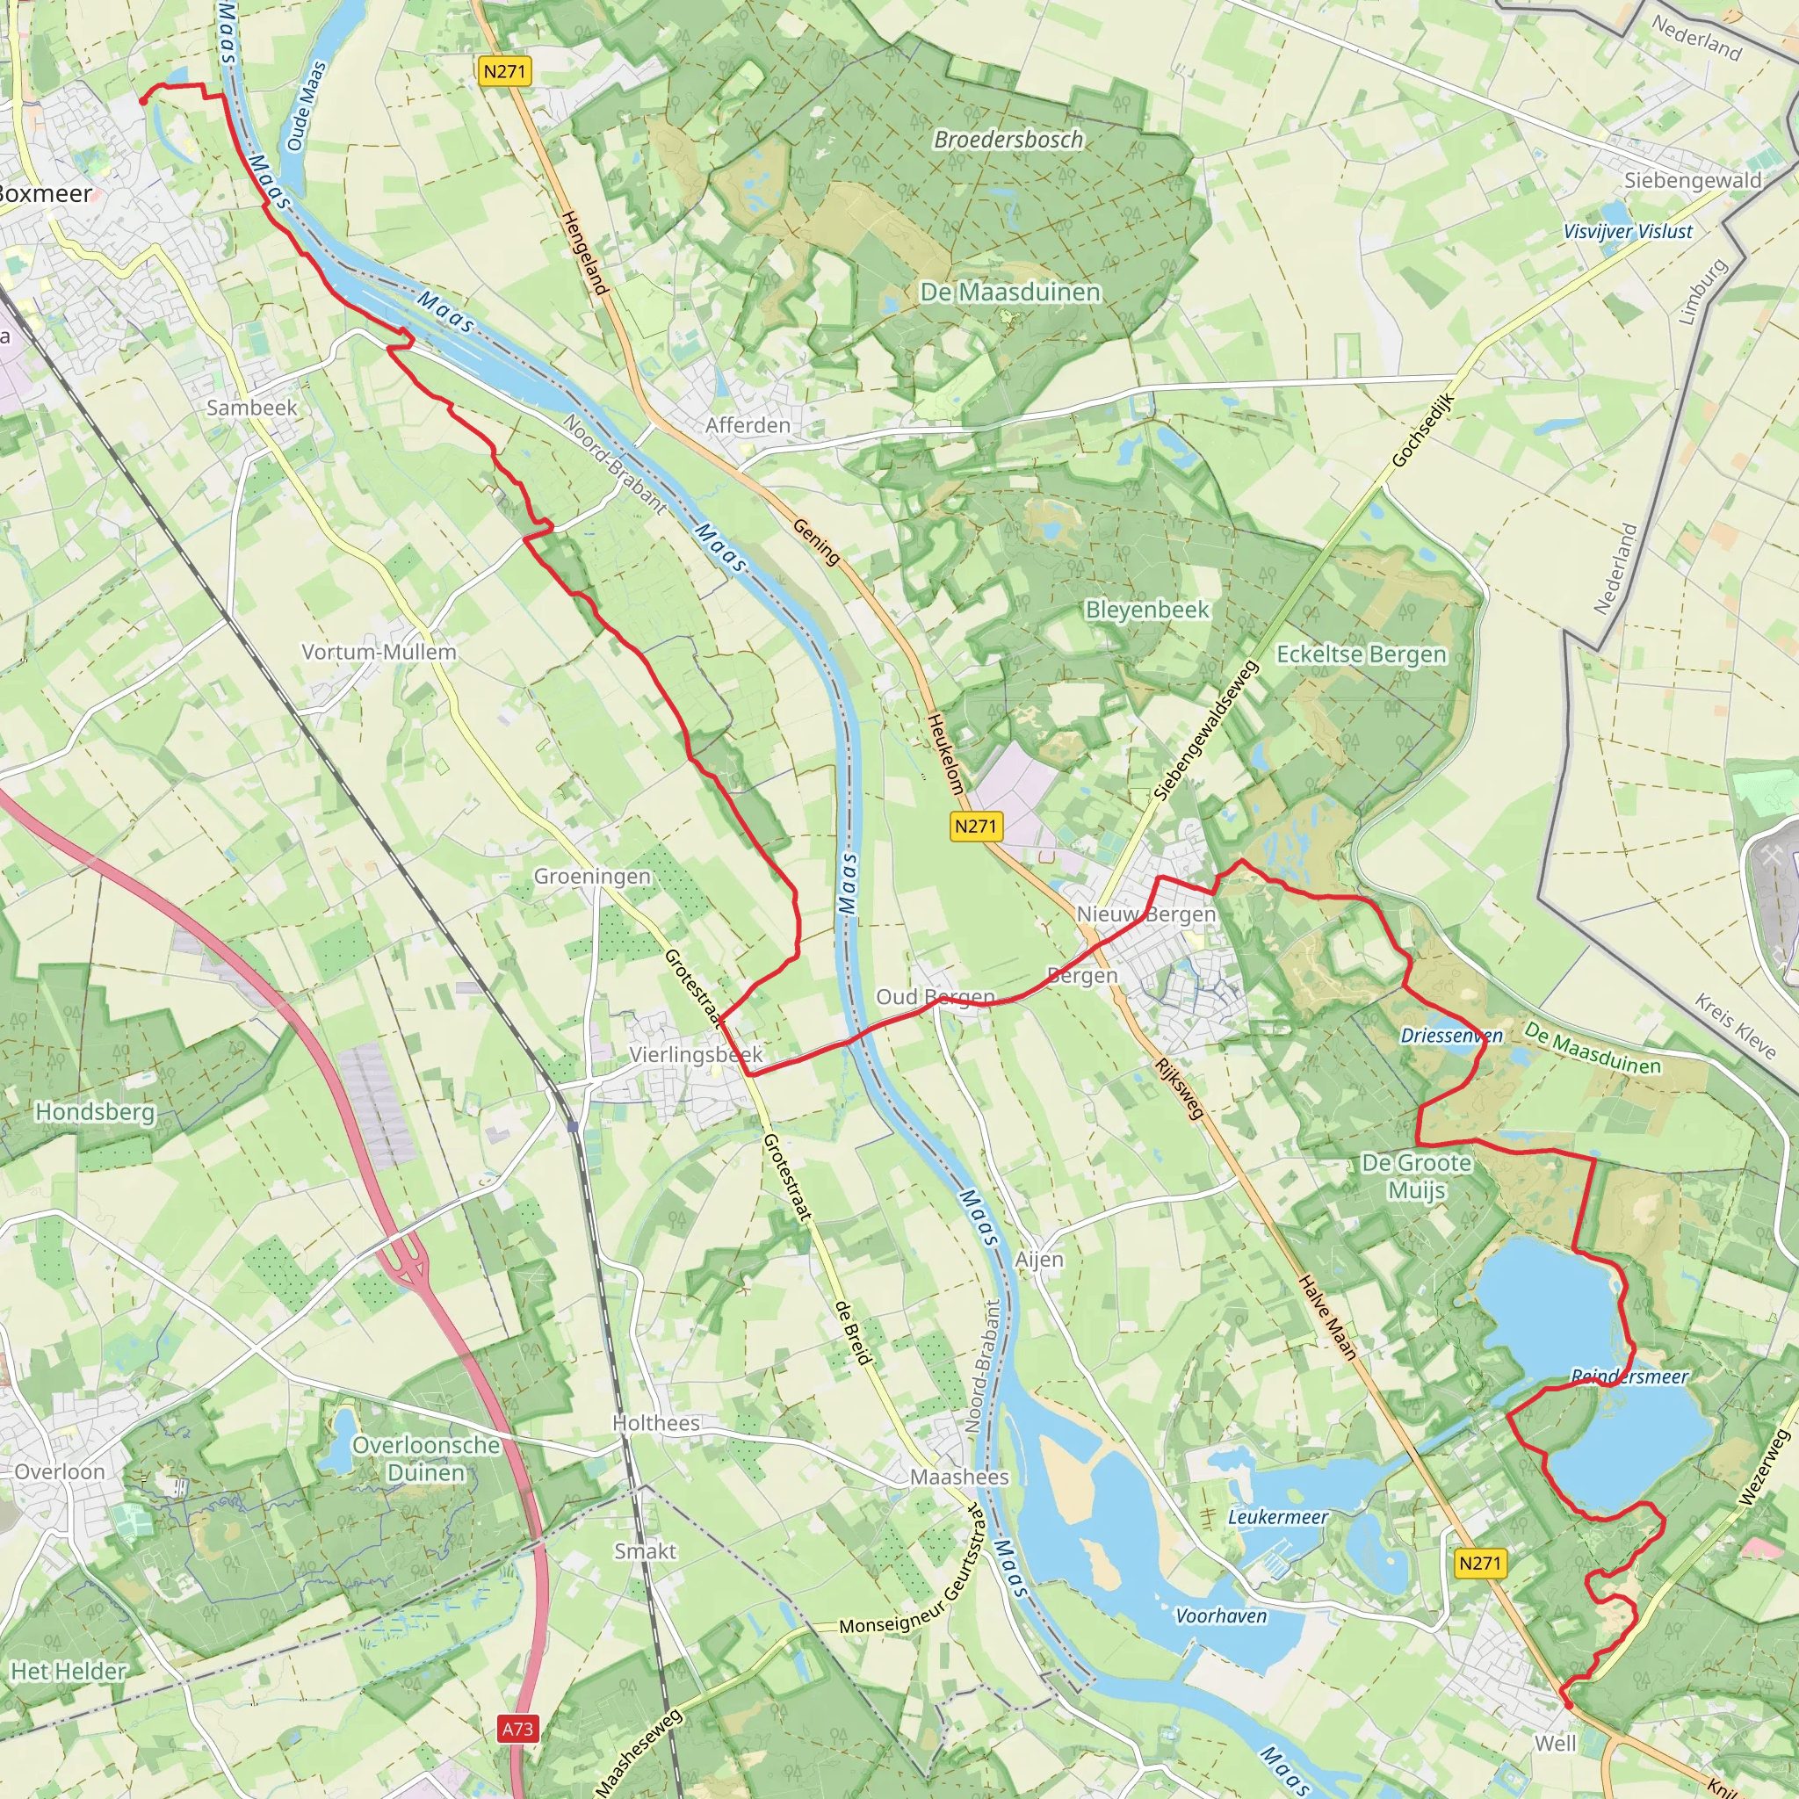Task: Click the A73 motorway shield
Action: (x=517, y=1729)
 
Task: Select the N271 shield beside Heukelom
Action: (x=975, y=826)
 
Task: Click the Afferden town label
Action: (x=747, y=425)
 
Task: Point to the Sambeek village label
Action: (x=251, y=408)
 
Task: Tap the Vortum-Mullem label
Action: (x=379, y=652)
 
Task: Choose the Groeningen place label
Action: (x=591, y=876)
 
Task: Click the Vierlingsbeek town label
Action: (x=696, y=1054)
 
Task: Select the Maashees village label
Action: (x=959, y=1477)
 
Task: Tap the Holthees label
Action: (x=655, y=1423)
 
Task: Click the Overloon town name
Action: (x=60, y=1471)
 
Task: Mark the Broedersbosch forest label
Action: (x=1008, y=140)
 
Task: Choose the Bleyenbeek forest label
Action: (x=1147, y=610)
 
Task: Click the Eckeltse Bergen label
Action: (x=1361, y=654)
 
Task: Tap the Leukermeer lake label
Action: (x=1277, y=1517)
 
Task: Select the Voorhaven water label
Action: (x=1221, y=1615)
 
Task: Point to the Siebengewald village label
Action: (x=1692, y=181)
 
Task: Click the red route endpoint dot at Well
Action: (x=1567, y=1704)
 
